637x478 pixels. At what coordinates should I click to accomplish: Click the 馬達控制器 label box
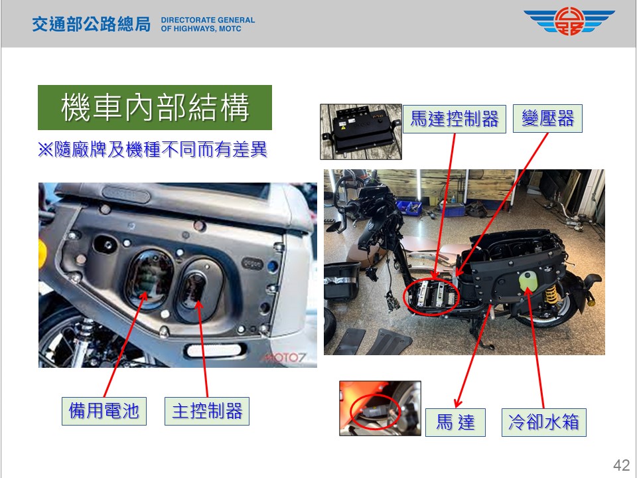click(x=454, y=119)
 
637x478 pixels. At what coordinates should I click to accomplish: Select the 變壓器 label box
click(x=547, y=118)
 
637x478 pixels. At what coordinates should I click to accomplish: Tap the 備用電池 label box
click(x=104, y=411)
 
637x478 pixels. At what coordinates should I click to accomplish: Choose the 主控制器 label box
click(x=207, y=411)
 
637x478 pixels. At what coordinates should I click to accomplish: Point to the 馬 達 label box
click(x=455, y=422)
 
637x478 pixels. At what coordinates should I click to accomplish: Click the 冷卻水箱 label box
click(x=544, y=422)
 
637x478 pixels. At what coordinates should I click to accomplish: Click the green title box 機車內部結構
click(x=155, y=108)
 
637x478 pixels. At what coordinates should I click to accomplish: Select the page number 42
click(x=621, y=465)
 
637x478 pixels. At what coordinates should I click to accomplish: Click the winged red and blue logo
click(x=569, y=21)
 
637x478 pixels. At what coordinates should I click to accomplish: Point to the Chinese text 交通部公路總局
click(x=92, y=24)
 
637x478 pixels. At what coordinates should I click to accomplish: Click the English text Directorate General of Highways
click(x=208, y=24)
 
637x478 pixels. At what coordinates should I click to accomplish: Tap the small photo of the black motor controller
click(x=361, y=131)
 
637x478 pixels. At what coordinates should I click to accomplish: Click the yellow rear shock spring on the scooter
click(x=551, y=294)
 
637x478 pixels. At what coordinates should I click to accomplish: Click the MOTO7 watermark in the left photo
click(x=283, y=358)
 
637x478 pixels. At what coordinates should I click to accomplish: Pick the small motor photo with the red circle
click(x=380, y=408)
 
